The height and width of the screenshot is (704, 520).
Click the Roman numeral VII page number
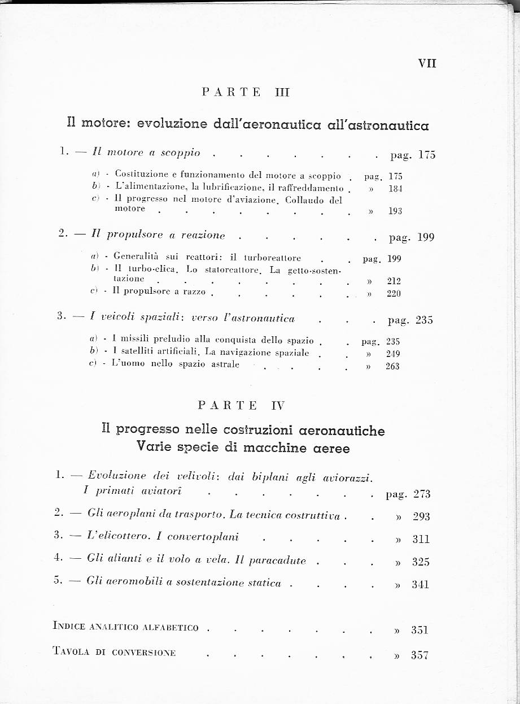click(427, 63)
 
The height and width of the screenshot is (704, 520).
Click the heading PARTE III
click(246, 93)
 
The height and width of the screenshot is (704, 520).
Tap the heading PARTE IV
click(242, 405)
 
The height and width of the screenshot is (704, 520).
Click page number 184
click(395, 188)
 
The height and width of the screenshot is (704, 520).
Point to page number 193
click(395, 211)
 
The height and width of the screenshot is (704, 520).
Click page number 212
click(394, 281)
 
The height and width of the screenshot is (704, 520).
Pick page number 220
click(394, 293)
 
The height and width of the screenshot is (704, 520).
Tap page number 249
click(392, 354)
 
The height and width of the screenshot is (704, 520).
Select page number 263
click(392, 366)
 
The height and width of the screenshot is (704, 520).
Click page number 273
click(422, 494)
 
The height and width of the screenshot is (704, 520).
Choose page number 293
click(421, 516)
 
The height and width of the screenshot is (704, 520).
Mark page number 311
click(421, 539)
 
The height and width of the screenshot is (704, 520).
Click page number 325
click(421, 562)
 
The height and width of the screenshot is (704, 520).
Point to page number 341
click(421, 584)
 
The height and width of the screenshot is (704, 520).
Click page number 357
click(420, 655)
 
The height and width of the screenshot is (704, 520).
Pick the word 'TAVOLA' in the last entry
click(71, 651)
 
